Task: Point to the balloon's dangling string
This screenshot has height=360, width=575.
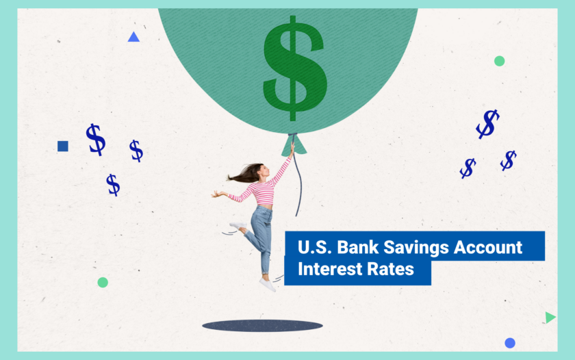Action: tap(299, 185)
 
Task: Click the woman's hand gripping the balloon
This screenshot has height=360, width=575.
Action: tap(292, 146)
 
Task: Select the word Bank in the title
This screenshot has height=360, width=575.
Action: tap(355, 247)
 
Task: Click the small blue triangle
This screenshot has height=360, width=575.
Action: tap(133, 37)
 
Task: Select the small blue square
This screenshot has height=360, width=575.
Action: tap(63, 146)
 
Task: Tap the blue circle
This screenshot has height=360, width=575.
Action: tap(510, 343)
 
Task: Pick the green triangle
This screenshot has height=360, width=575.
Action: tap(550, 318)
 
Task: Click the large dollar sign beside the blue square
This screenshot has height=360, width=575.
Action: tap(96, 139)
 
